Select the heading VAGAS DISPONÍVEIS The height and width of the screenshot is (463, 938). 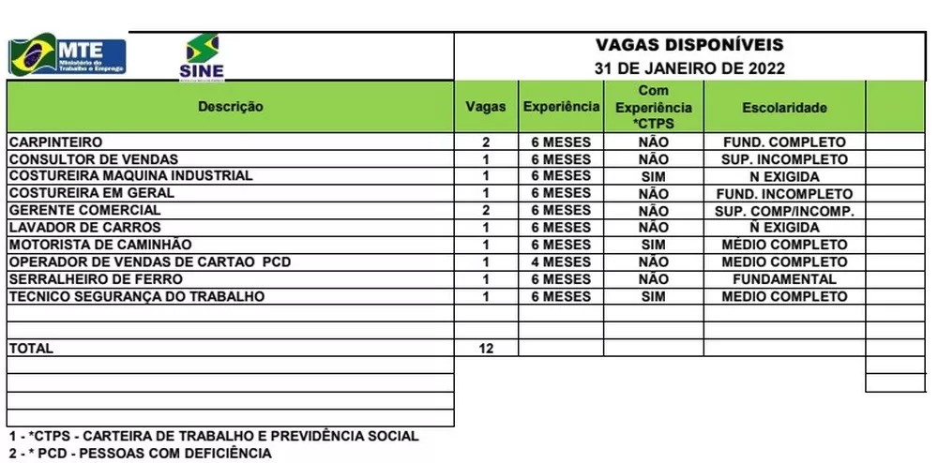(689, 45)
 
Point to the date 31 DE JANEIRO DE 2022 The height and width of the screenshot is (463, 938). (689, 68)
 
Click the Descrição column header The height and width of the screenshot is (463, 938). (230, 107)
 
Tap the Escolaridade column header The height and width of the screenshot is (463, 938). (784, 108)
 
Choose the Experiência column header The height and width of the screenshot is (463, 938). (561, 107)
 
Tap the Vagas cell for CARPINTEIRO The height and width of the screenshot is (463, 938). (486, 142)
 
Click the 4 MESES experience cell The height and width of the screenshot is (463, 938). (561, 261)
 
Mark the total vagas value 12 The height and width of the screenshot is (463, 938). (486, 349)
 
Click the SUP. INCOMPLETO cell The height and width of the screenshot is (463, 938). (784, 159)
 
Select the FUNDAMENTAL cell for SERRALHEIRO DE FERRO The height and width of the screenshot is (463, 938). (784, 279)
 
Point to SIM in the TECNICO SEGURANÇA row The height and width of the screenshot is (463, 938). (653, 296)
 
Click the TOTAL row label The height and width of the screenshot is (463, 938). (31, 348)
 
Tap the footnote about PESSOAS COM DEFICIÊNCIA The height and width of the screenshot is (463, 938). (141, 454)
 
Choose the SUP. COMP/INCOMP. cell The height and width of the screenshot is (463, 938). (784, 211)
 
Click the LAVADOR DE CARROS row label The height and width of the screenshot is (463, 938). (84, 228)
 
